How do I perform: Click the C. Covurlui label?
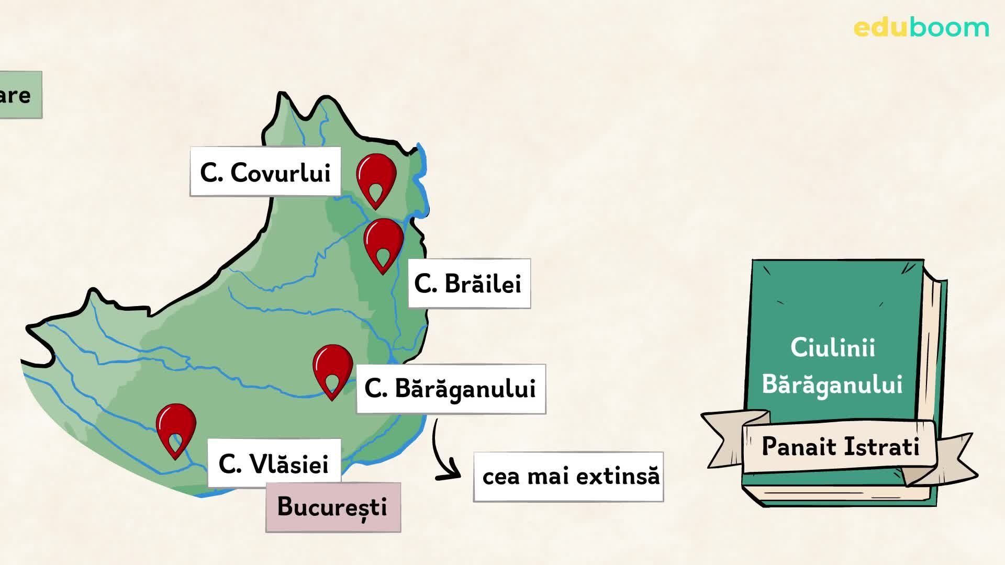pyautogui.click(x=265, y=172)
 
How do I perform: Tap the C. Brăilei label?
pyautogui.click(x=469, y=284)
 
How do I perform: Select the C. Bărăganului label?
pyautogui.click(x=451, y=389)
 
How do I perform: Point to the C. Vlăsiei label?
pyautogui.click(x=274, y=464)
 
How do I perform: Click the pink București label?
pyautogui.click(x=333, y=507)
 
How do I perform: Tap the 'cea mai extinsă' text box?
pyautogui.click(x=568, y=477)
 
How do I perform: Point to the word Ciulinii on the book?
pyautogui.click(x=832, y=348)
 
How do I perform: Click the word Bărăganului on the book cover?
pyautogui.click(x=832, y=385)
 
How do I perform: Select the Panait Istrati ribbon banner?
pyautogui.click(x=840, y=447)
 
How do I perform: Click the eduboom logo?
pyautogui.click(x=921, y=28)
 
